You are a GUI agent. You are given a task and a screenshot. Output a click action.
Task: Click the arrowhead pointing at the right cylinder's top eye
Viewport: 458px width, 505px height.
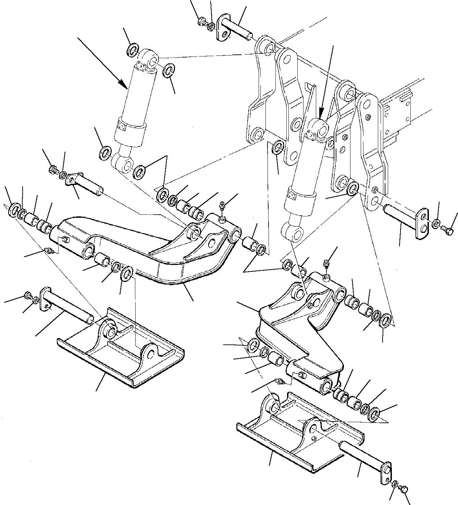321,113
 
